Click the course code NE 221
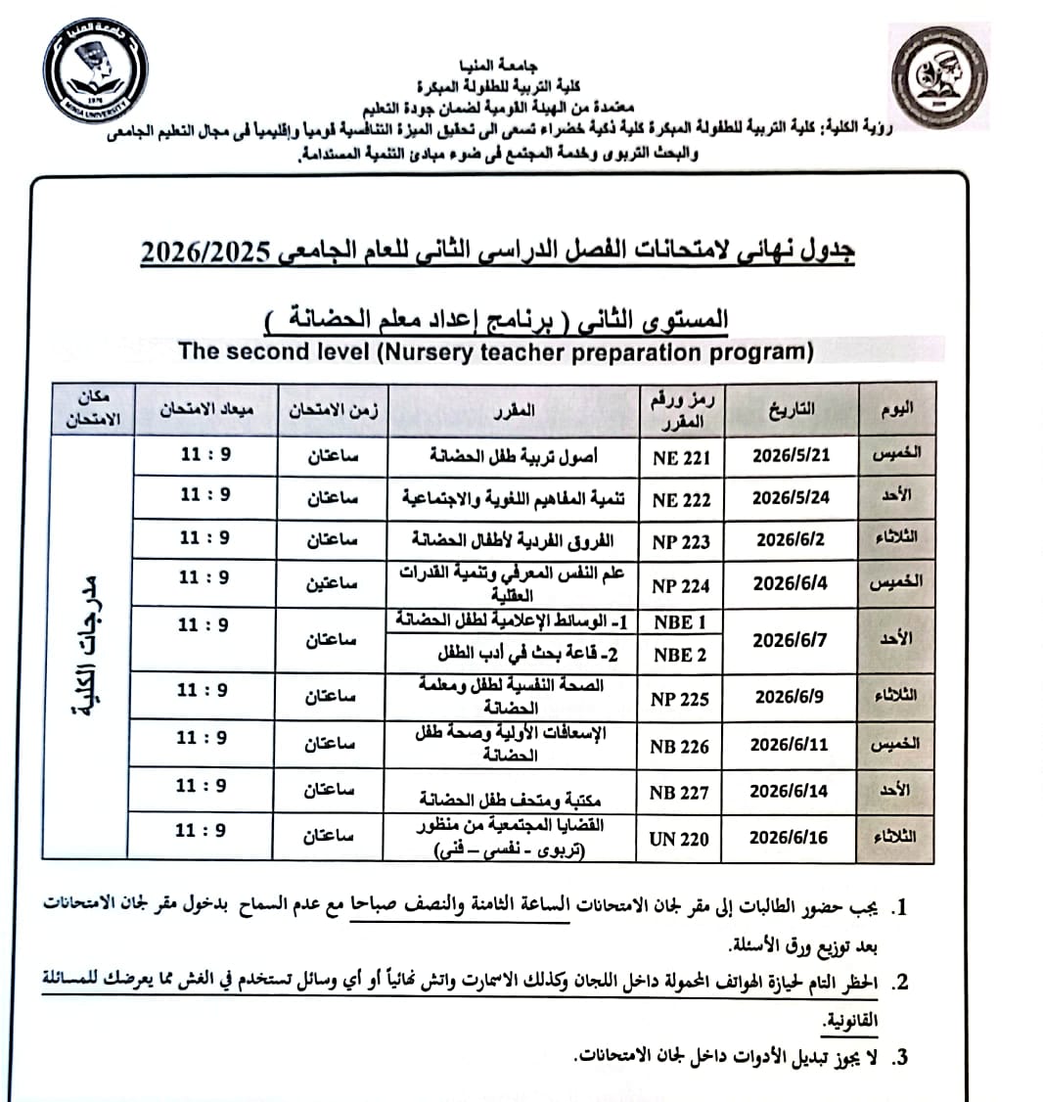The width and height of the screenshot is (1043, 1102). [681, 456]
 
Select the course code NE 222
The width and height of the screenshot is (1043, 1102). [681, 499]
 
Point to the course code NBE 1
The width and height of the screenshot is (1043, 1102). [680, 622]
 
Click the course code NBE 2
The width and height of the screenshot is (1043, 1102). [680, 655]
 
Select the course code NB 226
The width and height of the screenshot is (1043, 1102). [679, 746]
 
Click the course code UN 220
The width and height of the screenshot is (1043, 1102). [679, 839]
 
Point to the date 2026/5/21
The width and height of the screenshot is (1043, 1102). [791, 455]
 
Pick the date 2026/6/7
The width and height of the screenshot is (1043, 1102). [790, 639]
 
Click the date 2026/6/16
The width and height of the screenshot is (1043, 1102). [789, 838]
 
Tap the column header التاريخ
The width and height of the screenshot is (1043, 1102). [792, 409]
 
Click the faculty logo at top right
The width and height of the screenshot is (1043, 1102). [938, 77]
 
